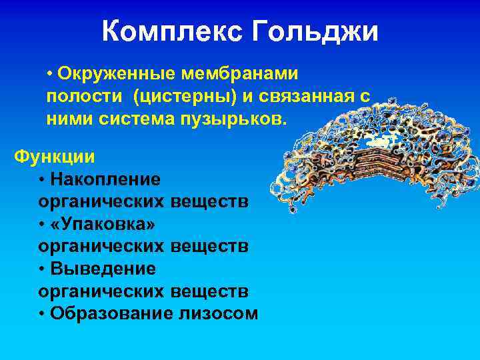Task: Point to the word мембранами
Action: click(248, 71)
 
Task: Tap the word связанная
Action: click(305, 95)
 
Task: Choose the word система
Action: click(142, 119)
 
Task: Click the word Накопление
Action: click(106, 179)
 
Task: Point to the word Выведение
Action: click(103, 269)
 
